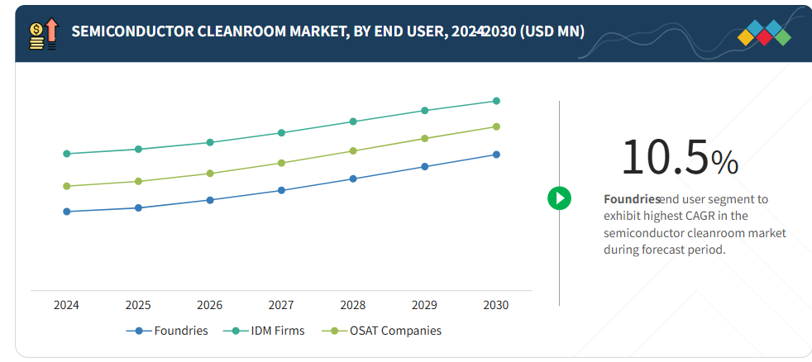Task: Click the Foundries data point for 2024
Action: [66, 212]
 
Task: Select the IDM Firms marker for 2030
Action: [496, 101]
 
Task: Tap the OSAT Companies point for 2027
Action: [281, 163]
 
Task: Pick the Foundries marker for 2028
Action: [353, 179]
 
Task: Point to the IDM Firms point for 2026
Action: [210, 142]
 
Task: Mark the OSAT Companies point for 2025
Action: [138, 181]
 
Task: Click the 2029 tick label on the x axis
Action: [424, 305]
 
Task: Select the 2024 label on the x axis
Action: [66, 305]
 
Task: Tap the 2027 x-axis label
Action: [281, 305]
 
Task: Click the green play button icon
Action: [559, 198]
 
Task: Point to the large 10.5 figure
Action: [664, 157]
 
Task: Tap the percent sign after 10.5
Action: [724, 162]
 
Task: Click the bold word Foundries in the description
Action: [632, 199]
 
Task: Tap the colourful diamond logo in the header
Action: [764, 31]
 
